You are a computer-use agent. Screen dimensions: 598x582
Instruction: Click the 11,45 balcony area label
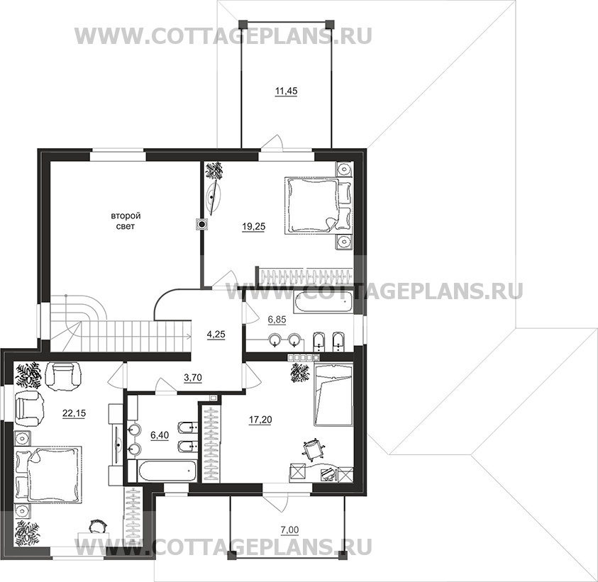pos(286,91)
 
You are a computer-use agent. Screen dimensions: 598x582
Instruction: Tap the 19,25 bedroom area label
pos(254,227)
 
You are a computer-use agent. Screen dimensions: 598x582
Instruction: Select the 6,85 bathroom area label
pos(277,320)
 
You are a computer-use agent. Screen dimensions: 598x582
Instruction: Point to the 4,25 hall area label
pos(216,335)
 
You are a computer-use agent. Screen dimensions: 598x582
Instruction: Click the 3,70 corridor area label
pos(193,378)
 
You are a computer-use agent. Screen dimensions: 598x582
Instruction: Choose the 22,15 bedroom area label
pos(74,413)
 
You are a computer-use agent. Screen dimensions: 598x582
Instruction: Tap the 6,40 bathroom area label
pos(160,435)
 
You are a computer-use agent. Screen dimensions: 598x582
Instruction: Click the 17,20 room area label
pos(260,420)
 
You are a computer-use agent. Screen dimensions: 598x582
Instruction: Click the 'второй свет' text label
pos(126,221)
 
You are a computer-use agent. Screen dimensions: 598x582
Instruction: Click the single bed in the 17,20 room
pos(333,394)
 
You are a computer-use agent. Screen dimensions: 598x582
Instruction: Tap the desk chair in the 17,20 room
pos(313,447)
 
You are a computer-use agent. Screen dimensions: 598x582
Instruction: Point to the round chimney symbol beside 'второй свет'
pos(201,225)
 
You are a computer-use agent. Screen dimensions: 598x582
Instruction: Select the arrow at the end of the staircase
pos(188,336)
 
